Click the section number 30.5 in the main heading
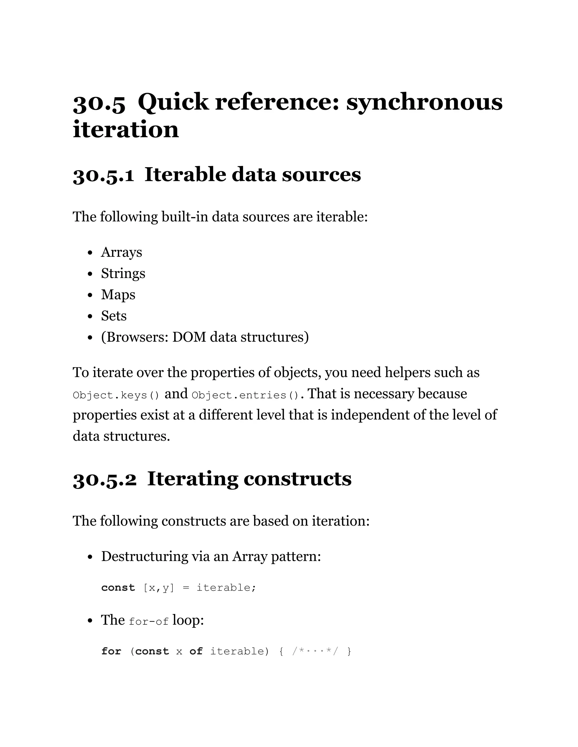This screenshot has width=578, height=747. (x=99, y=103)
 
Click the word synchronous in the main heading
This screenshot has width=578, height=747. (x=424, y=102)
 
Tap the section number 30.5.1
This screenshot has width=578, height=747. (x=103, y=175)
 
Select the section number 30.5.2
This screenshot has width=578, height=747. (x=105, y=479)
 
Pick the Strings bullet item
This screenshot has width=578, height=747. (x=123, y=274)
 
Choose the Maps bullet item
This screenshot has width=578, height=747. (x=118, y=295)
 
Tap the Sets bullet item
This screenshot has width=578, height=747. (x=114, y=316)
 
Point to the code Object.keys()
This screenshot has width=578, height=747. (x=116, y=395)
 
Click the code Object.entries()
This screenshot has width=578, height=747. (x=246, y=395)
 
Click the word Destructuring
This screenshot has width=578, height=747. (x=144, y=556)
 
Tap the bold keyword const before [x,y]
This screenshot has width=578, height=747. (x=118, y=588)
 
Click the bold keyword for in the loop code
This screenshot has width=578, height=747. (x=111, y=651)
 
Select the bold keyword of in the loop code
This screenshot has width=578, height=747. (x=196, y=651)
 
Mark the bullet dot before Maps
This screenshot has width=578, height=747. (x=90, y=295)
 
